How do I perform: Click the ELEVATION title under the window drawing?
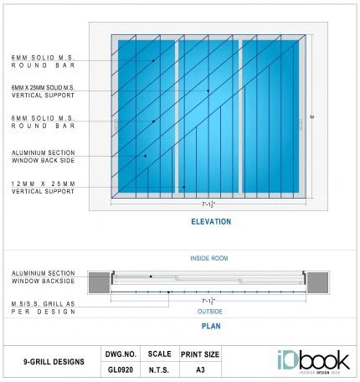pyautogui.click(x=211, y=222)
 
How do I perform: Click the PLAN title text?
pyautogui.click(x=211, y=327)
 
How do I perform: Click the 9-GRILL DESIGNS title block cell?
pyautogui.click(x=53, y=362)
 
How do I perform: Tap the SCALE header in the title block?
pyautogui.click(x=160, y=354)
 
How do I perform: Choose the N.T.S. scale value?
pyautogui.click(x=160, y=369)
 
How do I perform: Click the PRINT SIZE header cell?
pyautogui.click(x=200, y=354)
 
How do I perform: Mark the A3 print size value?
pyautogui.click(x=200, y=369)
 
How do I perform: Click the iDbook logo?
pyautogui.click(x=312, y=362)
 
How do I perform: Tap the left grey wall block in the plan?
pyautogui.click(x=100, y=282)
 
